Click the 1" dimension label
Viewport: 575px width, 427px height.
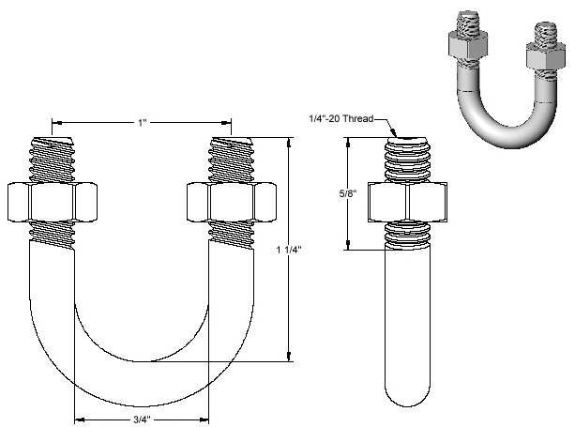point(143,121)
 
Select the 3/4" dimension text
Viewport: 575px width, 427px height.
point(141,419)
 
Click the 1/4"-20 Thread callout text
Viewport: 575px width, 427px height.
point(341,119)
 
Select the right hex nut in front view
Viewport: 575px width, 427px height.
point(231,200)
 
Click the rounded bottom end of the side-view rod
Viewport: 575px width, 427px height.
point(409,394)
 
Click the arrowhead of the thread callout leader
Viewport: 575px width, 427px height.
point(398,134)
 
